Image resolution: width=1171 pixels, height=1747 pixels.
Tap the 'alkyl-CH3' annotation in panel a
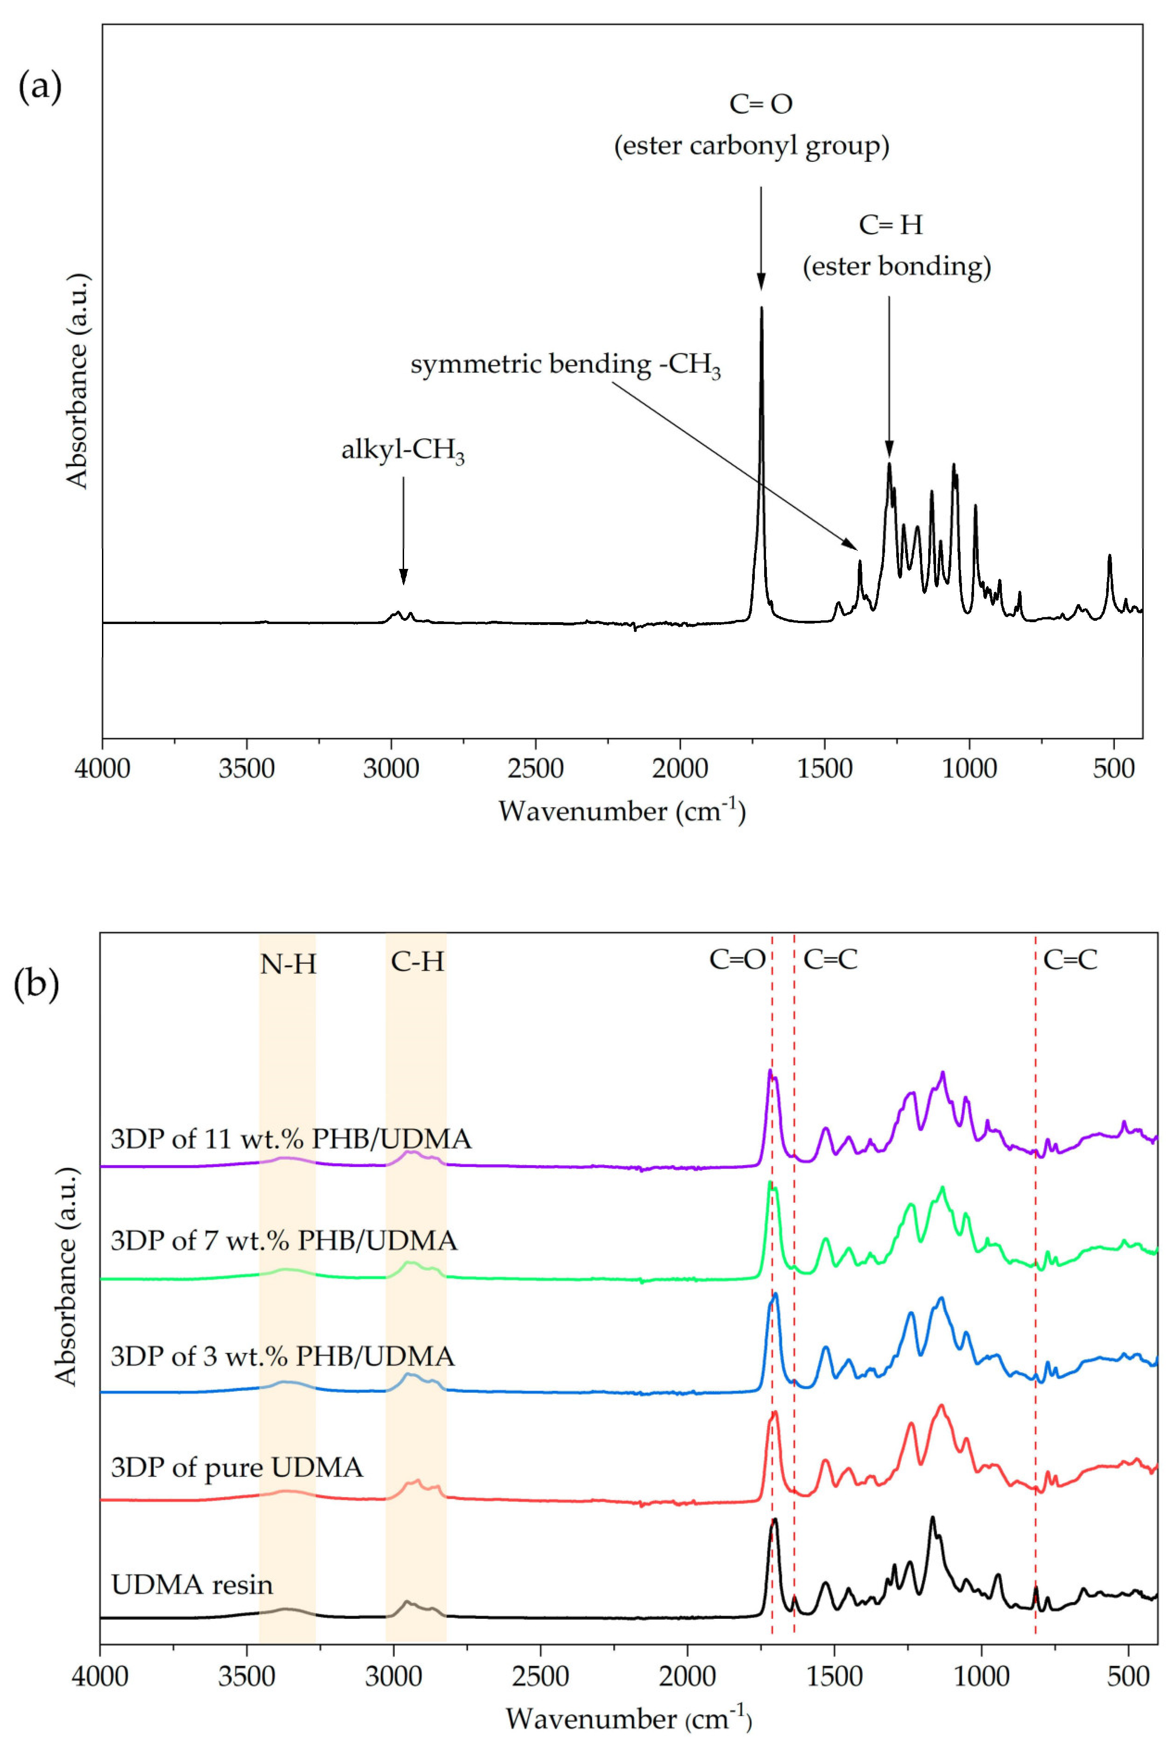[x=403, y=452]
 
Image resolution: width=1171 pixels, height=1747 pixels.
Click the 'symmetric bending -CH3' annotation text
[x=565, y=366]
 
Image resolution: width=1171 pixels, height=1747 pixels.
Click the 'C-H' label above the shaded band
[x=418, y=962]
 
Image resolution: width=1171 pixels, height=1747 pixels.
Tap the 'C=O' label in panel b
[x=737, y=960]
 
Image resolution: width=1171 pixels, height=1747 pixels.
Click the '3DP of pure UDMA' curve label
[x=237, y=1468]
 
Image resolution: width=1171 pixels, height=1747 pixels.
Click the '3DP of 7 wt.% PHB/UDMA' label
[x=284, y=1241]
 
